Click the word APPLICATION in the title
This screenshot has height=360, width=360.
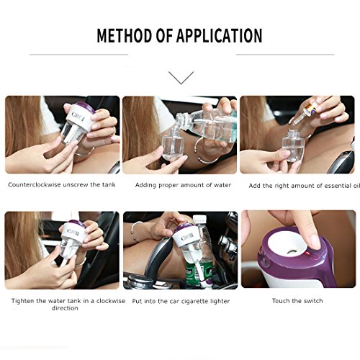click(x=219, y=35)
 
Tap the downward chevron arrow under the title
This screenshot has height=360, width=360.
click(x=181, y=78)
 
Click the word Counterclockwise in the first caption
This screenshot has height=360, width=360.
click(x=35, y=185)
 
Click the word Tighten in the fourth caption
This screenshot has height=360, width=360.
click(x=23, y=301)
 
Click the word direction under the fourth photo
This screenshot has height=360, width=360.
click(x=65, y=308)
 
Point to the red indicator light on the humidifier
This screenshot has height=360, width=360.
click(x=309, y=254)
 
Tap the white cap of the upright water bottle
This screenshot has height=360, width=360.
click(x=199, y=219)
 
